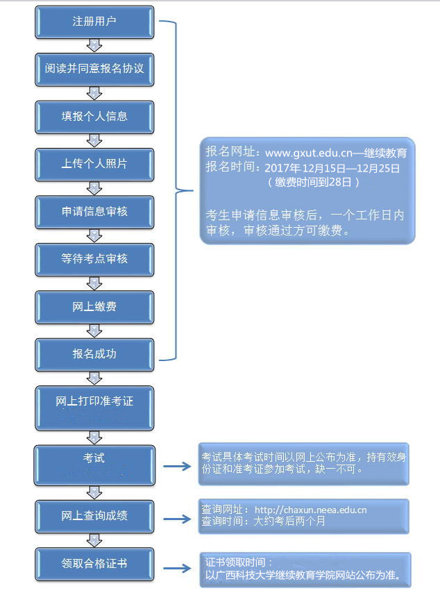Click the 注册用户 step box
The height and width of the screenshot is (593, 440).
tap(94, 22)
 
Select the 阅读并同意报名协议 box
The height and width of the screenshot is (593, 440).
tap(94, 69)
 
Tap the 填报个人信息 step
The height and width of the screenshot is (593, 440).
tap(94, 116)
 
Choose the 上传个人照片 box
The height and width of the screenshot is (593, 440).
tap(94, 164)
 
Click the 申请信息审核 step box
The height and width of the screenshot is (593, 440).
tap(94, 211)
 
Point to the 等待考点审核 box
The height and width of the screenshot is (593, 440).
tap(94, 258)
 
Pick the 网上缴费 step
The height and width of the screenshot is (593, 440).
tap(94, 306)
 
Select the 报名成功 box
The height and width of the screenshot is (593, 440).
tap(94, 353)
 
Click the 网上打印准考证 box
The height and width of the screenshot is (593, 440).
tap(94, 406)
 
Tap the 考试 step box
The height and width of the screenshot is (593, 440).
tap(94, 463)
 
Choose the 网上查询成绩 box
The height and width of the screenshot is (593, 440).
tap(94, 515)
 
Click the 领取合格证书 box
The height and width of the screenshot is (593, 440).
tap(94, 563)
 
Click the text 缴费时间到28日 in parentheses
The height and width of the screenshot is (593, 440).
tap(314, 182)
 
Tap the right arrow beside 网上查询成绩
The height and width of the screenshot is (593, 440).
tap(176, 518)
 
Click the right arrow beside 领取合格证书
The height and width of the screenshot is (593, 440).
tap(176, 568)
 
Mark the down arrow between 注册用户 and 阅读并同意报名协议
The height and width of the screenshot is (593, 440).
tap(94, 46)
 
